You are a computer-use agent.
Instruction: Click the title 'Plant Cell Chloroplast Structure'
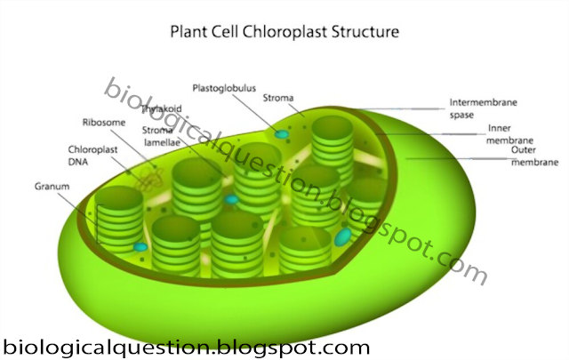[x=284, y=33]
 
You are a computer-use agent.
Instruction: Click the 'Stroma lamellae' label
[x=161, y=135]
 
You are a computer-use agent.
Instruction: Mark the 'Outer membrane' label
[x=533, y=156]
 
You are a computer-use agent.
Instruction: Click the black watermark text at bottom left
[x=185, y=347]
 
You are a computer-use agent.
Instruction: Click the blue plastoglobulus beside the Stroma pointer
[x=281, y=134]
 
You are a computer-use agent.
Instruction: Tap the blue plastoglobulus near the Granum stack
[x=140, y=246]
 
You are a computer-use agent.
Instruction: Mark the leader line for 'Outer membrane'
[x=453, y=158]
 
